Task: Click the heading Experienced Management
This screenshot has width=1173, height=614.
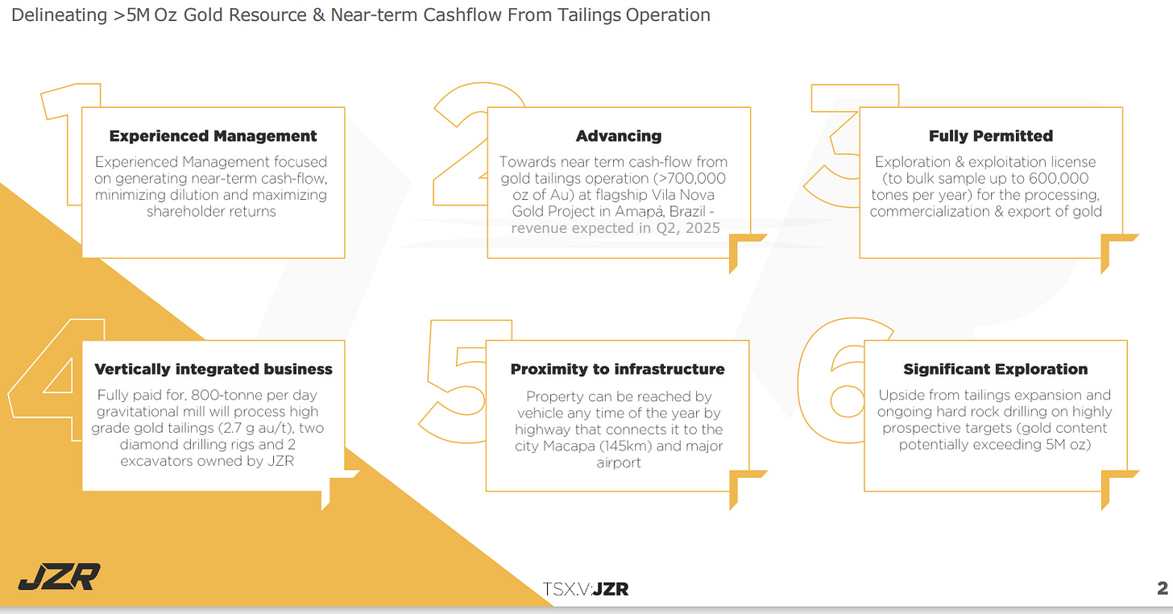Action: point(213,136)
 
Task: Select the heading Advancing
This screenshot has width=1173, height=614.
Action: point(619,136)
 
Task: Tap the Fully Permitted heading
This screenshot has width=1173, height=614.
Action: point(990,136)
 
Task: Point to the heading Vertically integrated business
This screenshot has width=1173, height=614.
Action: point(213,369)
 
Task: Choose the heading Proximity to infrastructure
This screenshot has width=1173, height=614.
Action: point(618,369)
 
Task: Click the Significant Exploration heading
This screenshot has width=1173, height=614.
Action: point(995,369)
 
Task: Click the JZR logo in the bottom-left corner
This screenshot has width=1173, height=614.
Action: point(60,576)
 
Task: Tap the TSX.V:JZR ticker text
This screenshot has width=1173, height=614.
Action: point(586,589)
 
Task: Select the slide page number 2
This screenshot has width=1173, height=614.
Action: point(1162,589)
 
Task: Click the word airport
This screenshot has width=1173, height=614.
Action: point(619,463)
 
